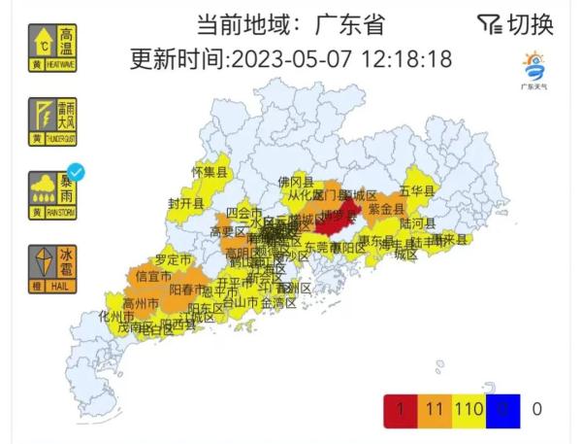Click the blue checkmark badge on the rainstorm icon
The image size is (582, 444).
(x=75, y=173)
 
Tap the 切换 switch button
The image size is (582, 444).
(x=516, y=24)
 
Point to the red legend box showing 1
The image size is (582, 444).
(x=401, y=411)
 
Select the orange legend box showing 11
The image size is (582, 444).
(x=434, y=411)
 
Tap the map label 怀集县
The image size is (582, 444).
(x=209, y=172)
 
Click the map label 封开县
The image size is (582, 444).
(x=185, y=204)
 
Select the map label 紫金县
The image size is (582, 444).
(x=386, y=209)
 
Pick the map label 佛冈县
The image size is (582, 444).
(x=295, y=182)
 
